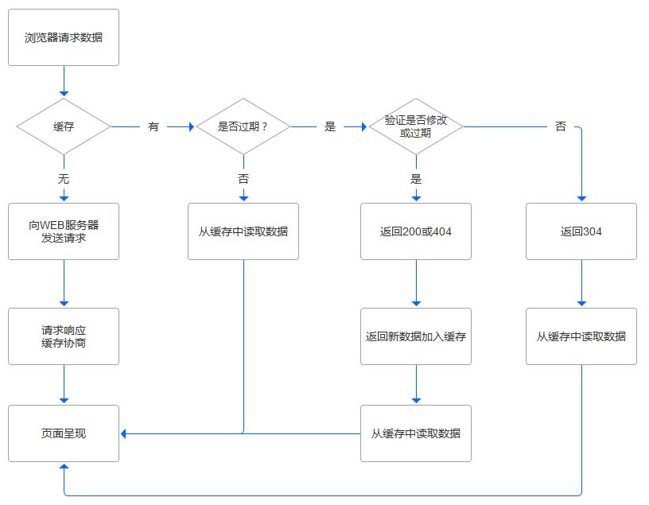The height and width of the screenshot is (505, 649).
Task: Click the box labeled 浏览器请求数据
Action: click(64, 37)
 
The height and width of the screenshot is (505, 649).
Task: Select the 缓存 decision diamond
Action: click(64, 126)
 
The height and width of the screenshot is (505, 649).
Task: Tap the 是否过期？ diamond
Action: click(243, 126)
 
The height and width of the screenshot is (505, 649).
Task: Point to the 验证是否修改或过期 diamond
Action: click(416, 126)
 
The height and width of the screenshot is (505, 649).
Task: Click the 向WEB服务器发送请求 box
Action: click(64, 231)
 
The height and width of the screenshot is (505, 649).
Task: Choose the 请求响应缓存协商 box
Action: click(64, 336)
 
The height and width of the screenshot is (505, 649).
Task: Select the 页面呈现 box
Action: click(64, 433)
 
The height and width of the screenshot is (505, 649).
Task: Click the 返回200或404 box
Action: click(416, 231)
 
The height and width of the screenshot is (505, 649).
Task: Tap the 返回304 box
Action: click(581, 231)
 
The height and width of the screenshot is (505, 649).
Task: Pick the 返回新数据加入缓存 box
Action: click(416, 336)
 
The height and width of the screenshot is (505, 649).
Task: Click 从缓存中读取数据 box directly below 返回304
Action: click(581, 336)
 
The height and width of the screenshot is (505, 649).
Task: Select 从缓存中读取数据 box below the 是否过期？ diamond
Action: click(243, 231)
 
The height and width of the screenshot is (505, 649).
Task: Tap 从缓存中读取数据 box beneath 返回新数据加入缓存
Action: click(416, 433)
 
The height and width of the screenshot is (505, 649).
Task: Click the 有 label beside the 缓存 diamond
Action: click(154, 126)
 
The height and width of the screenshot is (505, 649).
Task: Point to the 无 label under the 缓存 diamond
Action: click(64, 179)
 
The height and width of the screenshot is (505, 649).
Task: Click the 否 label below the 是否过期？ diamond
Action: click(243, 179)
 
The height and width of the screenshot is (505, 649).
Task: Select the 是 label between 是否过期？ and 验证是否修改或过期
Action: click(330, 126)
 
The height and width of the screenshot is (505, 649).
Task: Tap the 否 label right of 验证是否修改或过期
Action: click(561, 126)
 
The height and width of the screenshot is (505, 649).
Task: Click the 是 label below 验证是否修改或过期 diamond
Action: click(416, 179)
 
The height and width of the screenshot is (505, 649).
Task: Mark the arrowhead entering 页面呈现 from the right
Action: click(124, 433)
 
